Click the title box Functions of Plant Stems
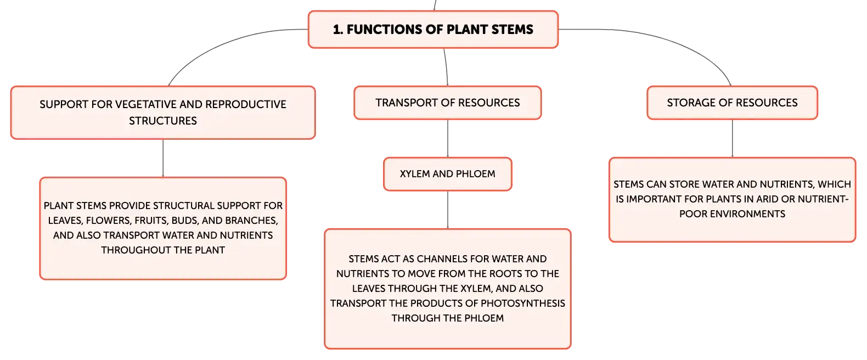(433, 30)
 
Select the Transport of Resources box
(447, 103)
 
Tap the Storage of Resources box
(733, 103)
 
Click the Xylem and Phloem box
(447, 174)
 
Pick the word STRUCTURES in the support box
(163, 121)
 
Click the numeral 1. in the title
(338, 30)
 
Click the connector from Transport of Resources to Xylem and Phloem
(448, 138)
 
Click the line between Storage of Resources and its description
(733, 138)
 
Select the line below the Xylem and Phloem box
(448, 210)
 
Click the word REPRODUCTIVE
(246, 104)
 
